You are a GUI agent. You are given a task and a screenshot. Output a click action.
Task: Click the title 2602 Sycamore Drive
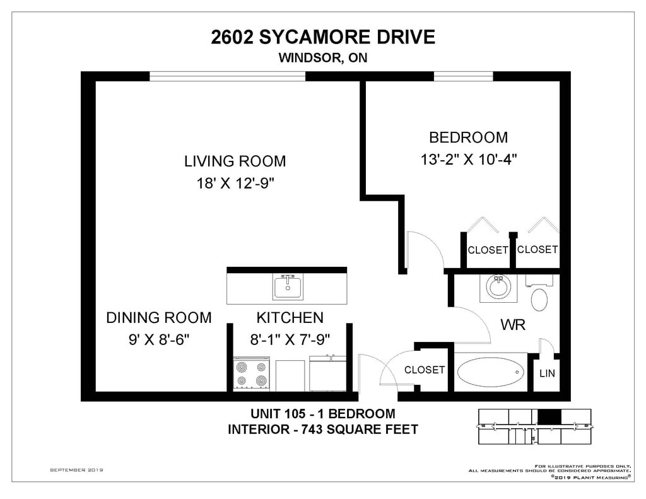pyautogui.click(x=323, y=37)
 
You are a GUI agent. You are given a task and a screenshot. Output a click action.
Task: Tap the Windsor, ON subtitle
pyautogui.click(x=323, y=57)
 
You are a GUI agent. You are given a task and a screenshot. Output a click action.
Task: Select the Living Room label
pyautogui.click(x=235, y=161)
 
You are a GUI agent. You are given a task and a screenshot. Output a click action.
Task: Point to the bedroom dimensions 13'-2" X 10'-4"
pyautogui.click(x=469, y=159)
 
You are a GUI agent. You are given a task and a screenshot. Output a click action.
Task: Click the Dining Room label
pyautogui.click(x=159, y=318)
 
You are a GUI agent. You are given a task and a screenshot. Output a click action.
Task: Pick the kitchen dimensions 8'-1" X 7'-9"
pyautogui.click(x=290, y=339)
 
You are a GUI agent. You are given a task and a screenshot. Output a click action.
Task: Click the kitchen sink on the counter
pyautogui.click(x=288, y=287)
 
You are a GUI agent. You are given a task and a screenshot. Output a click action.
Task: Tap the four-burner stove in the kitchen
pyautogui.click(x=251, y=373)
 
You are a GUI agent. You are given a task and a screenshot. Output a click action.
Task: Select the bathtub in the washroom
pyautogui.click(x=490, y=372)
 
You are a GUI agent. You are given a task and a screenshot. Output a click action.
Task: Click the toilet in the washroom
pyautogui.click(x=539, y=294)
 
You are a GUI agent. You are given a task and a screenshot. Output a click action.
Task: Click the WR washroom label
pyautogui.click(x=513, y=325)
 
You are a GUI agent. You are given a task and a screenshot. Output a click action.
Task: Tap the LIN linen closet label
pyautogui.click(x=547, y=373)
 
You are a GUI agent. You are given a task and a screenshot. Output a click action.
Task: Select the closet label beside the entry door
pyautogui.click(x=425, y=370)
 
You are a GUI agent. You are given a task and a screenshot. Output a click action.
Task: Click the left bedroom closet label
pyautogui.click(x=488, y=250)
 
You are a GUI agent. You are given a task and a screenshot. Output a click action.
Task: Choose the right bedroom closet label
pyautogui.click(x=537, y=249)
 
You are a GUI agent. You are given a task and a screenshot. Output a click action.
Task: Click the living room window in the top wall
pyautogui.click(x=227, y=76)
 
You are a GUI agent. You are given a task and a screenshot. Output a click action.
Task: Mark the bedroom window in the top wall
pyautogui.click(x=464, y=76)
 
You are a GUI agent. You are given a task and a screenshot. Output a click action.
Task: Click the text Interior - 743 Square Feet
pyautogui.click(x=323, y=430)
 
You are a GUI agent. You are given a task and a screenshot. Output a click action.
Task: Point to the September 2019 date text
pyautogui.click(x=76, y=470)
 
